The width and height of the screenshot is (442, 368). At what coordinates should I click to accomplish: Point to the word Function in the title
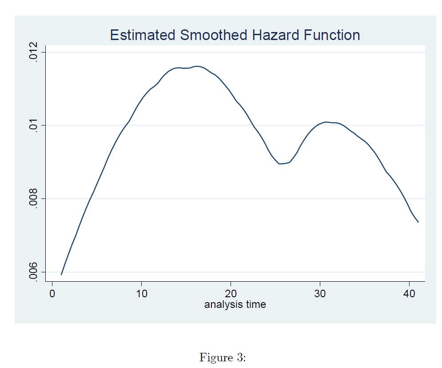(332, 35)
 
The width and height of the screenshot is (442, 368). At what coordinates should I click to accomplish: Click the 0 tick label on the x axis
(52, 294)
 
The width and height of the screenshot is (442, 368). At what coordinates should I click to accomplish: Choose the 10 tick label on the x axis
(141, 294)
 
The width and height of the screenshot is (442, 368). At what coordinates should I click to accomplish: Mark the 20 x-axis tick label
(231, 294)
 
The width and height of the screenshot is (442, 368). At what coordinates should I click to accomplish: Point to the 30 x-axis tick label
(320, 294)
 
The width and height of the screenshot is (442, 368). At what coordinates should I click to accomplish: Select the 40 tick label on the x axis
(409, 294)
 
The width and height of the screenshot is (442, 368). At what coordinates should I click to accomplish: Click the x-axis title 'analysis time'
(235, 305)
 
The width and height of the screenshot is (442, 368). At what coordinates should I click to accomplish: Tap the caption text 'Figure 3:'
(223, 357)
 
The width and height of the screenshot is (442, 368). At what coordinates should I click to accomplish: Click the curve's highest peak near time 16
(196, 66)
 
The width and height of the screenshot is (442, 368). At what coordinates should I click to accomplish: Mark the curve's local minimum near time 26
(281, 164)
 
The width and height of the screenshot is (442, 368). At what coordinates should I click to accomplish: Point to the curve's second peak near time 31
(326, 122)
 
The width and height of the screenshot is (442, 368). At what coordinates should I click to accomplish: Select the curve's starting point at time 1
(61, 275)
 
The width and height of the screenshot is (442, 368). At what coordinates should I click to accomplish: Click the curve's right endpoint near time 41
(418, 222)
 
